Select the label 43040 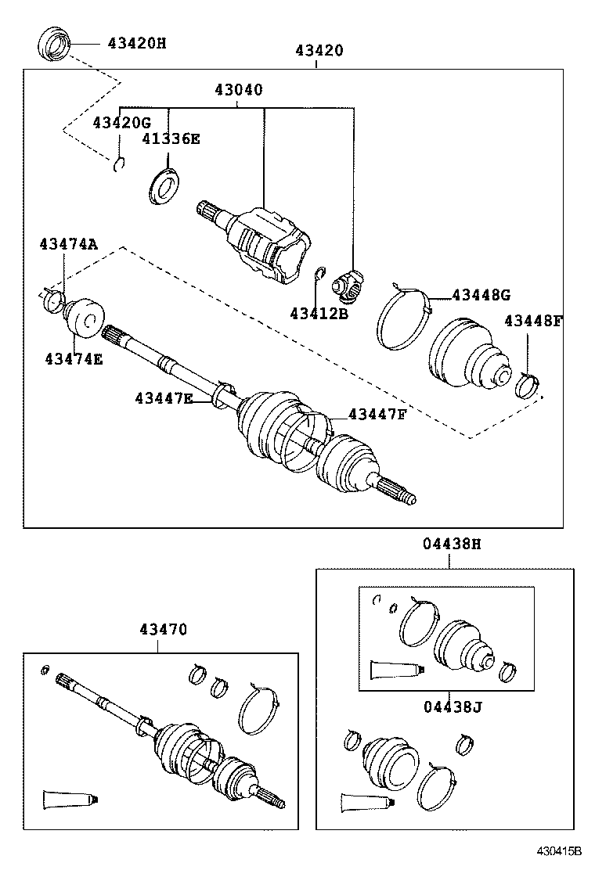click(x=238, y=90)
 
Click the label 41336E click(x=171, y=139)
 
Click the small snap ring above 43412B click(x=319, y=274)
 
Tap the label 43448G click(x=481, y=295)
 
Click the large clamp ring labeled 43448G click(x=401, y=319)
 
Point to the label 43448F click(x=533, y=321)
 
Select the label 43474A click(x=68, y=244)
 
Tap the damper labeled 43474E click(x=81, y=317)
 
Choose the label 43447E click(x=163, y=398)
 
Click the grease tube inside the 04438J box click(x=395, y=670)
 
